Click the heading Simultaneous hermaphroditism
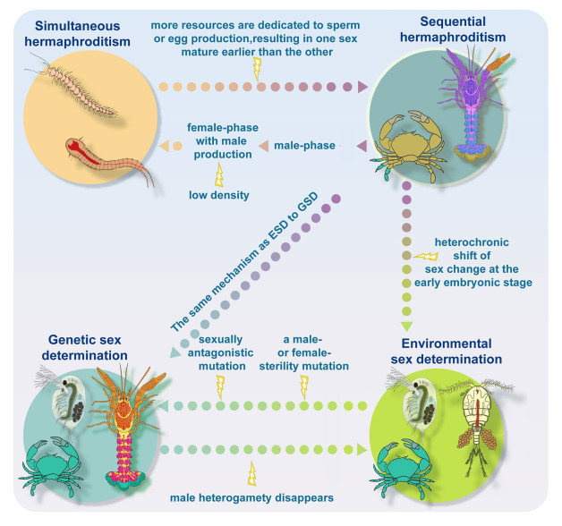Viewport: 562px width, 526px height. [x=77, y=34]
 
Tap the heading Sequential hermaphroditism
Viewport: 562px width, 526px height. [x=453, y=29]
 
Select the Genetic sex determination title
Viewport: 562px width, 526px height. [x=85, y=347]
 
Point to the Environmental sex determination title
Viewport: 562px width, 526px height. [x=447, y=352]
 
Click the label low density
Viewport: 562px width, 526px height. [x=219, y=195]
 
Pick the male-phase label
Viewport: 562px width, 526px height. [x=304, y=146]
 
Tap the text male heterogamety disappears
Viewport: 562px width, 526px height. [x=251, y=497]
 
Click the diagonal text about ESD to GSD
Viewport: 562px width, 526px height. [x=244, y=263]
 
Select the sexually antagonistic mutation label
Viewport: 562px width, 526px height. [x=220, y=352]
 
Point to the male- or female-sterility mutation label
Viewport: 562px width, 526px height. [x=304, y=352]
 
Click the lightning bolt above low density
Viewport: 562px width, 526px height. [x=219, y=174]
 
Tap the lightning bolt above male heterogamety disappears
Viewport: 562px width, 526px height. [x=252, y=473]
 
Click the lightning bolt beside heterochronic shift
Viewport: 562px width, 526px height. [x=426, y=256]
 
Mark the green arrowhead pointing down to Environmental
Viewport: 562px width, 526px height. [x=406, y=327]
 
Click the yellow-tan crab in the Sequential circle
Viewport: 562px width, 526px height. [x=409, y=145]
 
